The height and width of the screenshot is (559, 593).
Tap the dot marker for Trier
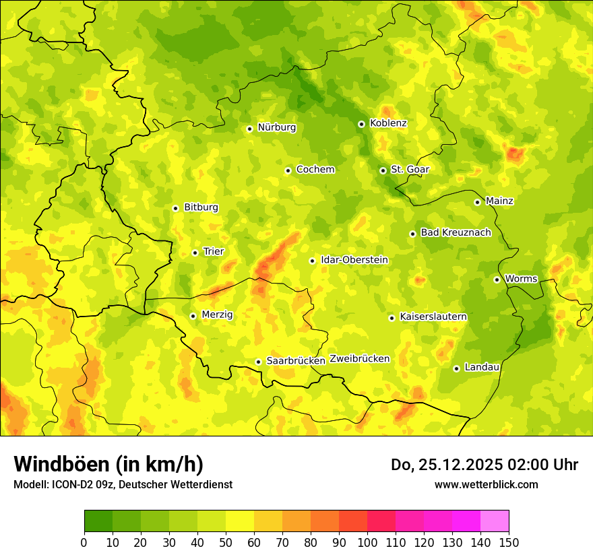click(x=195, y=253)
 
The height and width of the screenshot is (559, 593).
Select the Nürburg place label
click(x=276, y=127)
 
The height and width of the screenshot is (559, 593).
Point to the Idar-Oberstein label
click(x=354, y=260)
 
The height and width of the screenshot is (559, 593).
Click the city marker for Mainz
click(x=477, y=202)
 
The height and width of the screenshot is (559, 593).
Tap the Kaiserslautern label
click(x=433, y=317)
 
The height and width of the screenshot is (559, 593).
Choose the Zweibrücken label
click(x=360, y=359)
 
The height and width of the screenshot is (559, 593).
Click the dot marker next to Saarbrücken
click(x=258, y=362)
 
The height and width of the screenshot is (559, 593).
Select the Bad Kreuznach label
click(x=456, y=232)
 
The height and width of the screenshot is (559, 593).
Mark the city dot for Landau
click(x=456, y=368)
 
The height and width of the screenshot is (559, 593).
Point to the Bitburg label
click(x=201, y=207)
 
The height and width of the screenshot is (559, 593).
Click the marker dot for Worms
click(x=497, y=279)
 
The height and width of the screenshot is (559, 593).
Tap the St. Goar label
click(x=410, y=170)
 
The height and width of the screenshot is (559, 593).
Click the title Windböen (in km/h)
click(x=108, y=464)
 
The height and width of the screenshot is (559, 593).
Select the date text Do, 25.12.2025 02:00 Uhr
click(x=485, y=465)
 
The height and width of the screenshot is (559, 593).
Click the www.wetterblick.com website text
click(x=486, y=484)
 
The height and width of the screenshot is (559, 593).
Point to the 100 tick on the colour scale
click(x=367, y=542)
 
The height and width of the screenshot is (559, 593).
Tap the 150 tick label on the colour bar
click(x=509, y=542)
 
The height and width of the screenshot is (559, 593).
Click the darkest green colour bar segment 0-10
click(x=98, y=521)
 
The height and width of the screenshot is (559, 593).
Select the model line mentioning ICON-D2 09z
click(x=123, y=484)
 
